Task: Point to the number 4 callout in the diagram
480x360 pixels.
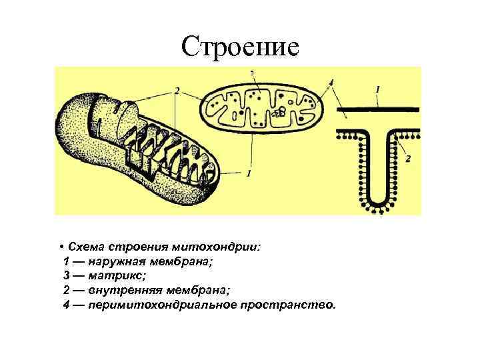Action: click(x=331, y=82)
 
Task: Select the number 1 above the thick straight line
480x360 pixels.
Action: click(x=377, y=89)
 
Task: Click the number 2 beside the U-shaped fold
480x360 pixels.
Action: click(x=409, y=158)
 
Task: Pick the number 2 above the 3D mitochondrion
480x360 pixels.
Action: click(x=177, y=91)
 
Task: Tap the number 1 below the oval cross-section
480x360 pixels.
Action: click(x=249, y=173)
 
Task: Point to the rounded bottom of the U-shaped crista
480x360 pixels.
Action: click(x=377, y=203)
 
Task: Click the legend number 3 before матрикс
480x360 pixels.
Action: click(x=66, y=275)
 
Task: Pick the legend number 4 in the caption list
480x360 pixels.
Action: click(x=66, y=305)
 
